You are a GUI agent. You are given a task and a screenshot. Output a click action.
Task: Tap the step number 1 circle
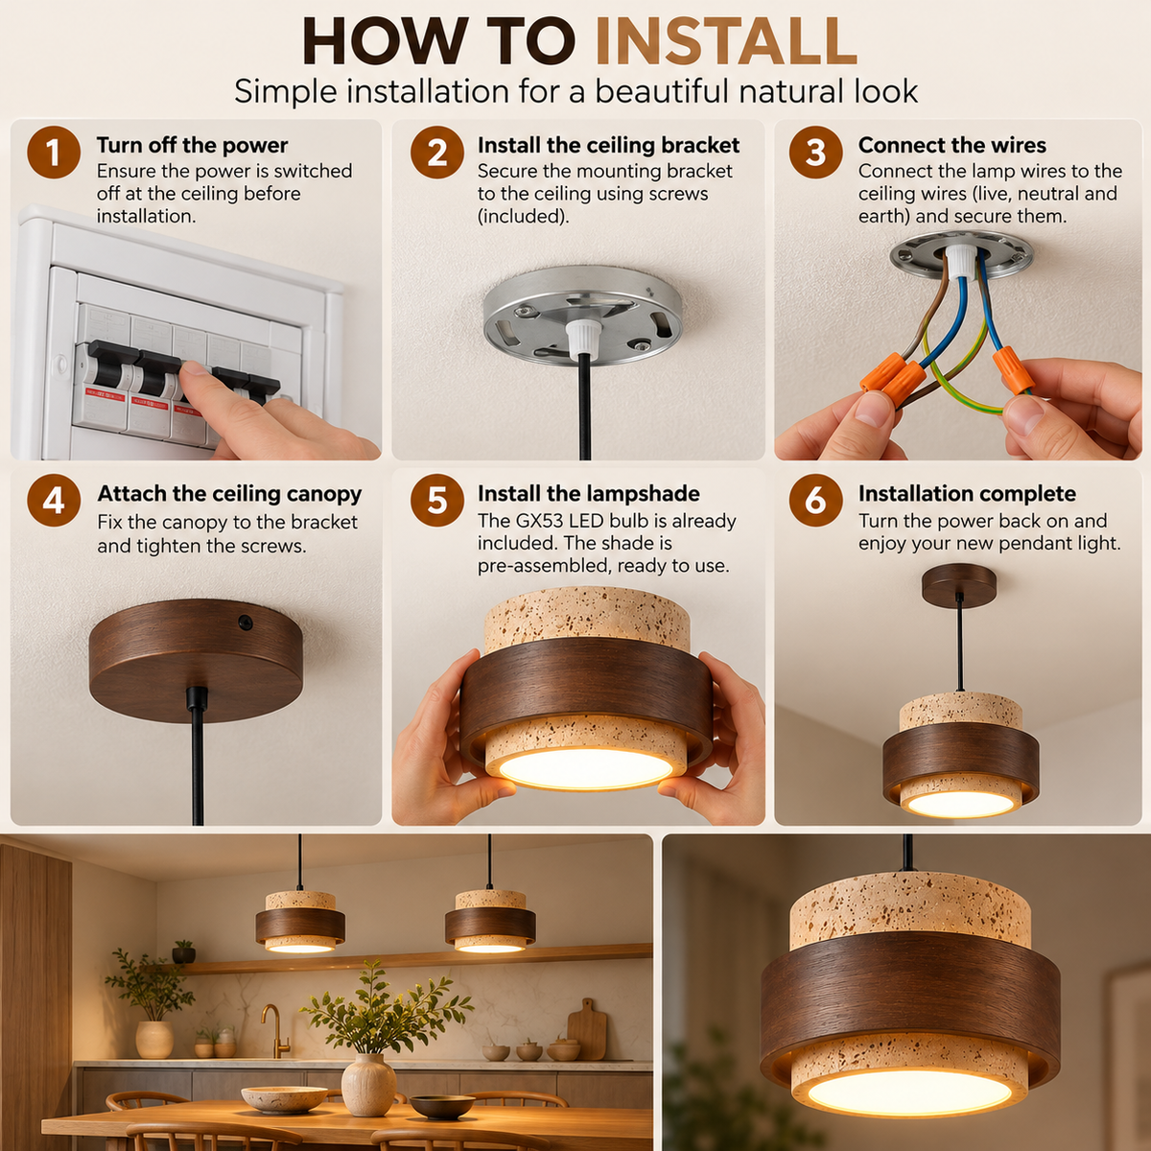point(54,153)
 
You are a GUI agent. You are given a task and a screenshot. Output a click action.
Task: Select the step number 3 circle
point(815,153)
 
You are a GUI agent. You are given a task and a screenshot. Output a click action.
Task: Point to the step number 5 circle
point(437,500)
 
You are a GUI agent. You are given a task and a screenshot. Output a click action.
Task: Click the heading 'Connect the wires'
point(952,145)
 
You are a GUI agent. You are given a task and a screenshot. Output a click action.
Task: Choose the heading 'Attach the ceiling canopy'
point(229,494)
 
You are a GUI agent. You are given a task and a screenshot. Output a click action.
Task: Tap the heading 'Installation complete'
point(967,494)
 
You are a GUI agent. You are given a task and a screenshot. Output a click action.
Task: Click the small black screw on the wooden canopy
point(245,622)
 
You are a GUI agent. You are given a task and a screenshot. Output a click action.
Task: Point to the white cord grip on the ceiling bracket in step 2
point(582,340)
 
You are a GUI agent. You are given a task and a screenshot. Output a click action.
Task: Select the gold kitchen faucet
point(275,1031)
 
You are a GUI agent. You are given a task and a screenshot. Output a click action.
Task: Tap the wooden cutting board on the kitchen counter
point(587,1030)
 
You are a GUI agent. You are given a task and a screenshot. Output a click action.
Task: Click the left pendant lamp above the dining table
point(300,921)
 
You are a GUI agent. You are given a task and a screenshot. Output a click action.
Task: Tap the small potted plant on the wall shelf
point(184,952)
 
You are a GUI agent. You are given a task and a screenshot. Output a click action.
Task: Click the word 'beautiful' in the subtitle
point(661,91)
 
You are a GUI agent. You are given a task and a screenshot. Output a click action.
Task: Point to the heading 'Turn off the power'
point(193,145)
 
